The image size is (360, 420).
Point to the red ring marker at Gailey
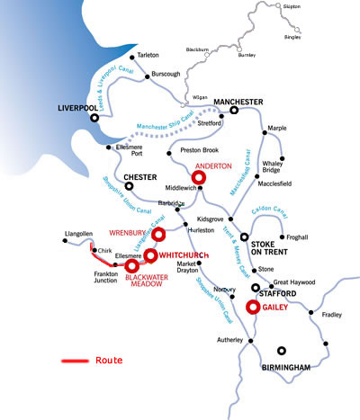click(253, 308)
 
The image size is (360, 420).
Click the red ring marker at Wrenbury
click(159, 236)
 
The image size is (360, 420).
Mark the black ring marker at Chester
click(129, 187)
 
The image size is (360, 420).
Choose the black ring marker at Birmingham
click(283, 352)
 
